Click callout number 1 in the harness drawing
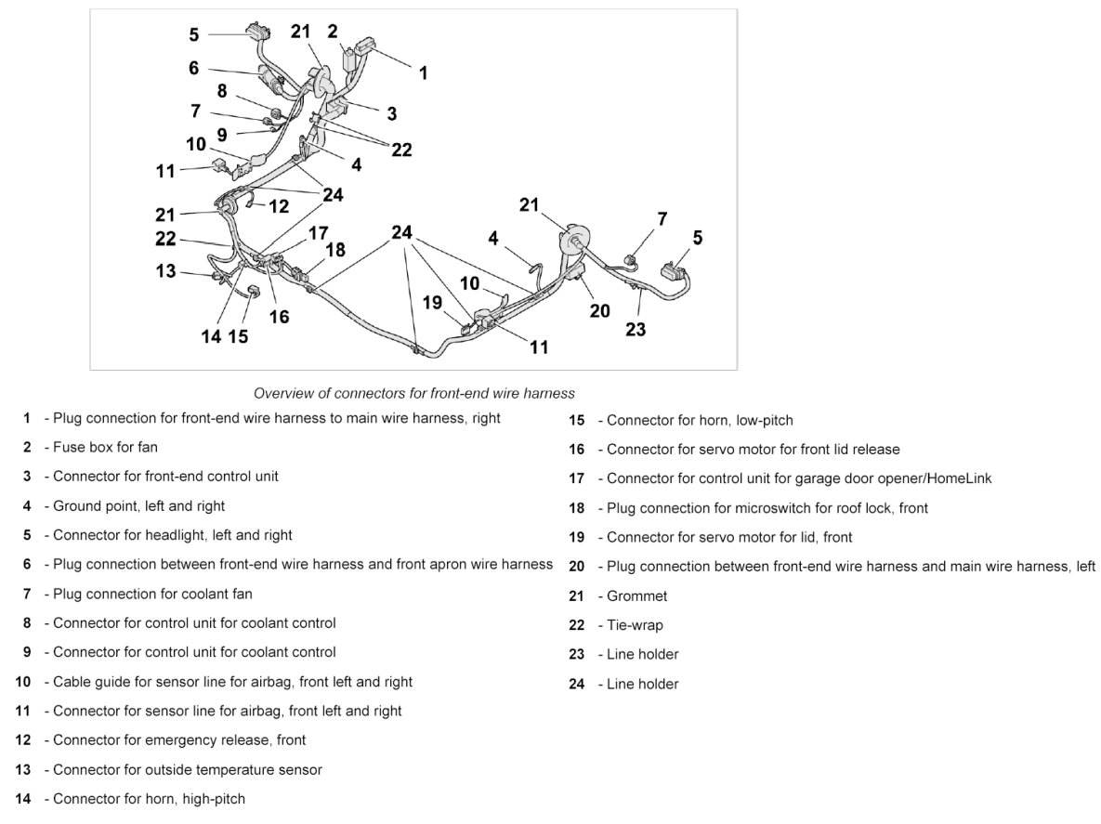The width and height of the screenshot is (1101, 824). (x=424, y=72)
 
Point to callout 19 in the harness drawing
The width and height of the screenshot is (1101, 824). (x=433, y=302)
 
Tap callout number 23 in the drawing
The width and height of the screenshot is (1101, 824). (x=636, y=329)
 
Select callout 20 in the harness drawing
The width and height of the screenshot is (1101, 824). (x=600, y=310)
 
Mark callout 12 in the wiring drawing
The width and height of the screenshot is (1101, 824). (x=279, y=206)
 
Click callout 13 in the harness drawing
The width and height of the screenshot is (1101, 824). (x=165, y=271)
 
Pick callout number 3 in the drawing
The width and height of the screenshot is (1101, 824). (x=392, y=113)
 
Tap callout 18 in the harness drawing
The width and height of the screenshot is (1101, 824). (x=335, y=249)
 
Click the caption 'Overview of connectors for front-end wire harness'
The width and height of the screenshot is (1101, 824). (x=414, y=393)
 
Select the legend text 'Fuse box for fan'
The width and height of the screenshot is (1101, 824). (x=105, y=447)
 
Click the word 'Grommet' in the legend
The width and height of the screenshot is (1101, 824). (x=636, y=595)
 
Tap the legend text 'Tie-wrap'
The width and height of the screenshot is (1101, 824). (x=635, y=625)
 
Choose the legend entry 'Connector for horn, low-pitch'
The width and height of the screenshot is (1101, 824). (x=700, y=420)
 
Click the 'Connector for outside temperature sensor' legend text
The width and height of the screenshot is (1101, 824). (x=187, y=769)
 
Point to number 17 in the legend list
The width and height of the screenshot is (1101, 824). (x=577, y=478)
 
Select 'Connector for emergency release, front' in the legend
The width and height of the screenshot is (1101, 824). (x=179, y=740)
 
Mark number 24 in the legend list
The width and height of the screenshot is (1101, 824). (x=577, y=684)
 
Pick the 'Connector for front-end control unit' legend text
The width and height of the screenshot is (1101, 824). (x=165, y=476)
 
